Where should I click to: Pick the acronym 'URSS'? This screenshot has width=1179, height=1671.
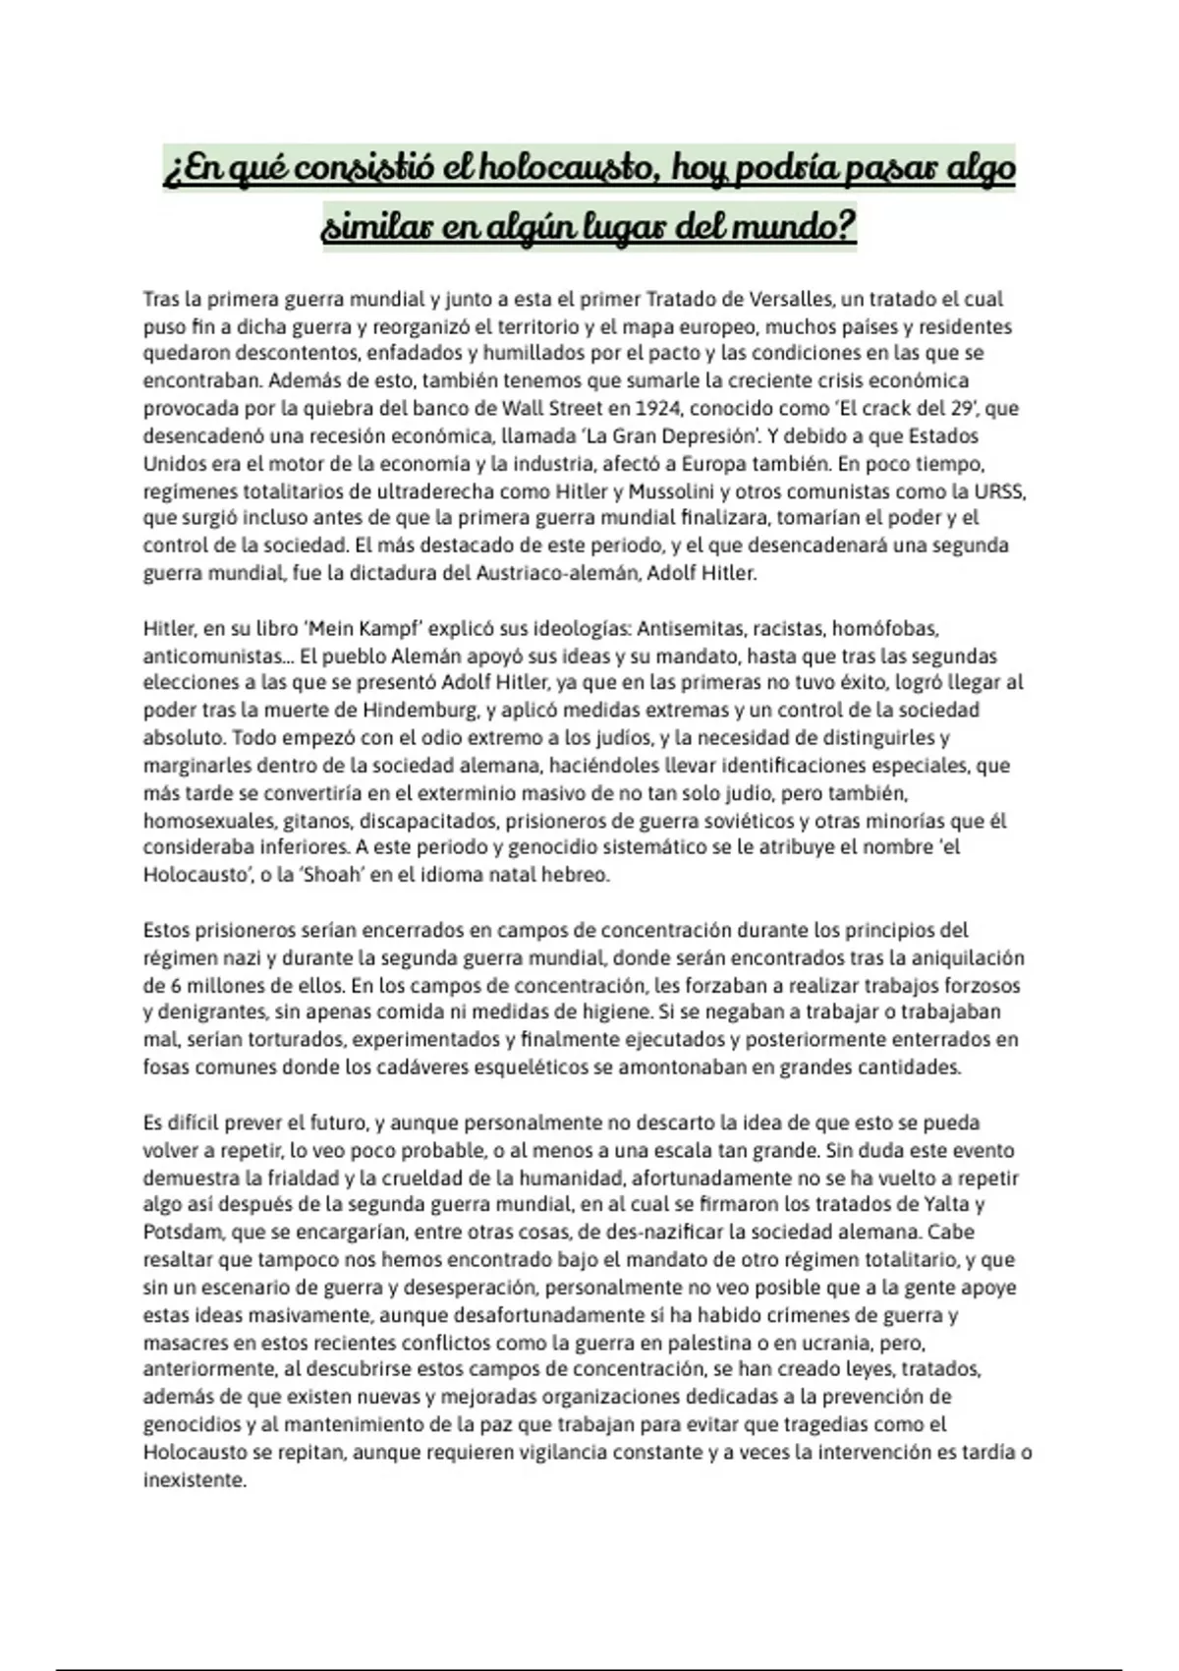(1000, 490)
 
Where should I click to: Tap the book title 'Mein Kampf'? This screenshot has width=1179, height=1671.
(365, 628)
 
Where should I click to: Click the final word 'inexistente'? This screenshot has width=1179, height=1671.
(194, 1479)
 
